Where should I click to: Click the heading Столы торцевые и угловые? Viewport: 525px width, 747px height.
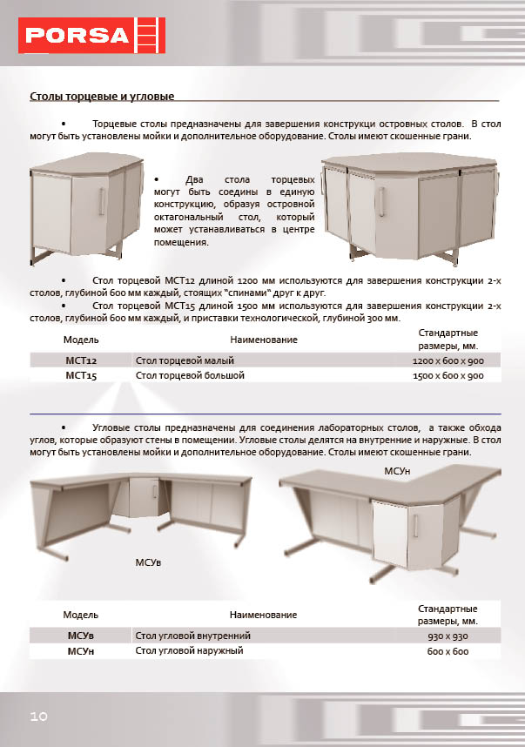pyautogui.click(x=103, y=95)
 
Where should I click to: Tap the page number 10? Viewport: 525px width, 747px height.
pyautogui.click(x=38, y=716)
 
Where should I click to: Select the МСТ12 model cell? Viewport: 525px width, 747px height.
pyautogui.click(x=81, y=360)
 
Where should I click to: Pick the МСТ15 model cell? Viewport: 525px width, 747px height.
pyautogui.click(x=81, y=376)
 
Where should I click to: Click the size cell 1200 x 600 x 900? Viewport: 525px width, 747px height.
pyautogui.click(x=448, y=360)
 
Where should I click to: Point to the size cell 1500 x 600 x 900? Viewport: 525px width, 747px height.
pyautogui.click(x=448, y=376)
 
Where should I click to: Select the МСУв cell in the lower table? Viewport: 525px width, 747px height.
pyautogui.click(x=81, y=636)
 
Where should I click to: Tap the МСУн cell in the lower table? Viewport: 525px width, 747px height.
pyautogui.click(x=81, y=651)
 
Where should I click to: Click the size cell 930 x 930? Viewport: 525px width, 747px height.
pyautogui.click(x=448, y=636)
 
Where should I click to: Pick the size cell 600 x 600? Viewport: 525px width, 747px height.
pyautogui.click(x=448, y=651)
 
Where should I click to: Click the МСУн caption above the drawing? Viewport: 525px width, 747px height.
pyautogui.click(x=397, y=470)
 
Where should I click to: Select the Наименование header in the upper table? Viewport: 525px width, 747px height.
pyautogui.click(x=263, y=340)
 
